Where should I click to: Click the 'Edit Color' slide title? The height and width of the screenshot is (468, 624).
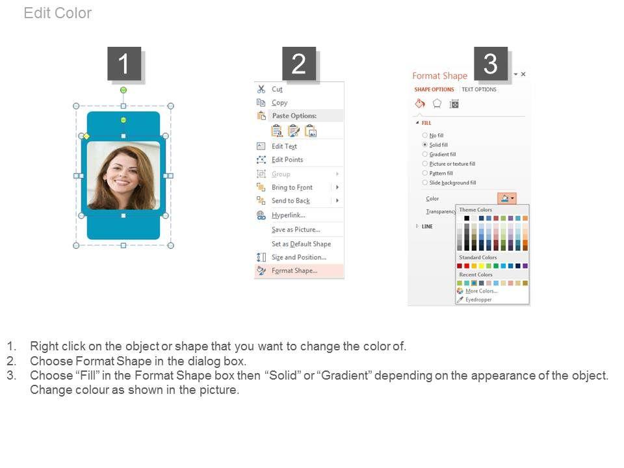[58, 13]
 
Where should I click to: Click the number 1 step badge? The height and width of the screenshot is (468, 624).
[123, 64]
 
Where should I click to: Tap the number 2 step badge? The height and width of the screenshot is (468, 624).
[299, 64]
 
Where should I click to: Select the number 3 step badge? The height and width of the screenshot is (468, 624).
[490, 64]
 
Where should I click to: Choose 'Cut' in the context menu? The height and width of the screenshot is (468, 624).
[277, 89]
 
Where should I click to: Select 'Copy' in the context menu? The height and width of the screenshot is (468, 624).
[279, 103]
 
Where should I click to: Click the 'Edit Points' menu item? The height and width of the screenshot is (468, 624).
[287, 160]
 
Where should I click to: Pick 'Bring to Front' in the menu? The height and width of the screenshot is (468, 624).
[292, 187]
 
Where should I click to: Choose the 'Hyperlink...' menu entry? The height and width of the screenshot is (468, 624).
[289, 215]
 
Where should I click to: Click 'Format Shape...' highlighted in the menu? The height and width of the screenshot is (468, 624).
[294, 270]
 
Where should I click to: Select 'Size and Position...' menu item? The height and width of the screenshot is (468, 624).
[299, 257]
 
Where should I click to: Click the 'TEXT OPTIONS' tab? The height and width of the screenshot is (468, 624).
[479, 90]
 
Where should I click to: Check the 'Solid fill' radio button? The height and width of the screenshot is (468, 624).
[425, 145]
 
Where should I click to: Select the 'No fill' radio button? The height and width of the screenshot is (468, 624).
[425, 135]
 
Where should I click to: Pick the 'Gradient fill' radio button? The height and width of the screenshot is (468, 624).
[425, 155]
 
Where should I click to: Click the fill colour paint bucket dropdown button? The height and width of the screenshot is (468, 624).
[506, 198]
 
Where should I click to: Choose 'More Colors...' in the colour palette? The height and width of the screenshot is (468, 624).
[482, 291]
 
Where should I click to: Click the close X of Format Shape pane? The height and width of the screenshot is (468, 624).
[523, 74]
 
